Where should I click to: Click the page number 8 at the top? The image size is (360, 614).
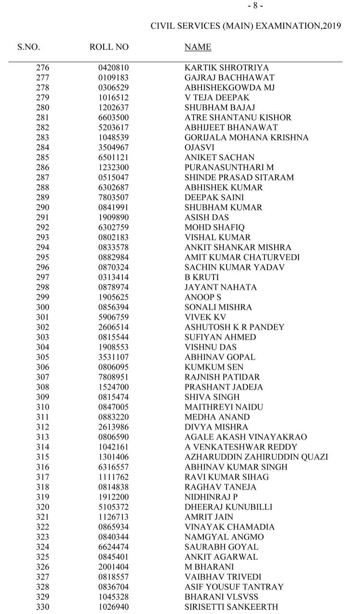pos(255,6)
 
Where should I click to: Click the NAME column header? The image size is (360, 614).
pos(198,47)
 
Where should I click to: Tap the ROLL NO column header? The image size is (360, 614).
pos(109,47)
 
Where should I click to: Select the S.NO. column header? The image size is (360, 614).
pos(29,47)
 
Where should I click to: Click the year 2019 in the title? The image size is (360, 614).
pos(332,26)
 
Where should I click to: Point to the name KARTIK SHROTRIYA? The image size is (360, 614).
pos(227,68)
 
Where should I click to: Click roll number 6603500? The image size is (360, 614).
pos(114,118)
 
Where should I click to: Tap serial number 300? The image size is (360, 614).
pos(43,307)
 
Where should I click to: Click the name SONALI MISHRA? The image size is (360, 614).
pos(218,307)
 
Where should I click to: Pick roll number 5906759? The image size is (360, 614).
pos(114,317)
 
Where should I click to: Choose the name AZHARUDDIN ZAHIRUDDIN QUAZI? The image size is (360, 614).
pos(256,457)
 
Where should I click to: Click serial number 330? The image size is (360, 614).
pos(43,607)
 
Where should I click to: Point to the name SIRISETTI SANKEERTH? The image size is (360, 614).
pos(231,607)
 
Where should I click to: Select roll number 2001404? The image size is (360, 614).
pos(114,567)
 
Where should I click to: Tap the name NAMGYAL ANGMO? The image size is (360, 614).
pos(224,537)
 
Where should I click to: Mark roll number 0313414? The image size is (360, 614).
pos(114,277)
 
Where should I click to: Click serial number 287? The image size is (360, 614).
pos(43,177)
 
